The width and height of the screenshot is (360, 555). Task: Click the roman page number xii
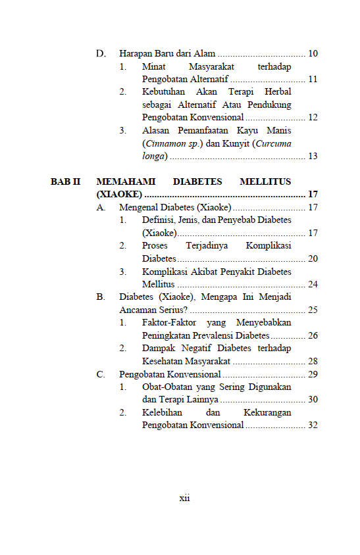click(184, 498)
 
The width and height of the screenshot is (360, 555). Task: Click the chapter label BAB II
click(65, 181)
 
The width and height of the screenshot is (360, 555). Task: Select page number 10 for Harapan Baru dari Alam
click(313, 53)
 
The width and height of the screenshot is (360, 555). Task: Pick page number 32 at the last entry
click(313, 425)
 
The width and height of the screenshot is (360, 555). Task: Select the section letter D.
click(101, 53)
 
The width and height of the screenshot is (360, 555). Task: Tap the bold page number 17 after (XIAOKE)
click(313, 195)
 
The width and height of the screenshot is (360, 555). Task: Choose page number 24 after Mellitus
click(313, 284)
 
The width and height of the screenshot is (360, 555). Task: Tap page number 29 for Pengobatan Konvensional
click(313, 374)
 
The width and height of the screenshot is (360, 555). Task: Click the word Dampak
click(160, 348)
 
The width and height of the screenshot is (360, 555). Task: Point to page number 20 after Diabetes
click(313, 258)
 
